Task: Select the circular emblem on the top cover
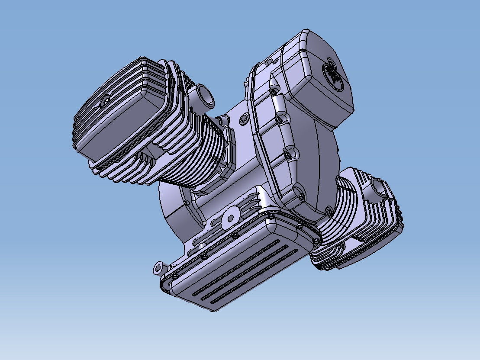pyautogui.click(x=332, y=74)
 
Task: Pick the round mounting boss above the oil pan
pyautogui.click(x=230, y=218)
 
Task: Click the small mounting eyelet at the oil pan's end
pyautogui.click(x=158, y=268)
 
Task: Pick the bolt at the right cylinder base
pyautogui.click(x=329, y=211)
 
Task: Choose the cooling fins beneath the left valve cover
pyautogui.click(x=126, y=171)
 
